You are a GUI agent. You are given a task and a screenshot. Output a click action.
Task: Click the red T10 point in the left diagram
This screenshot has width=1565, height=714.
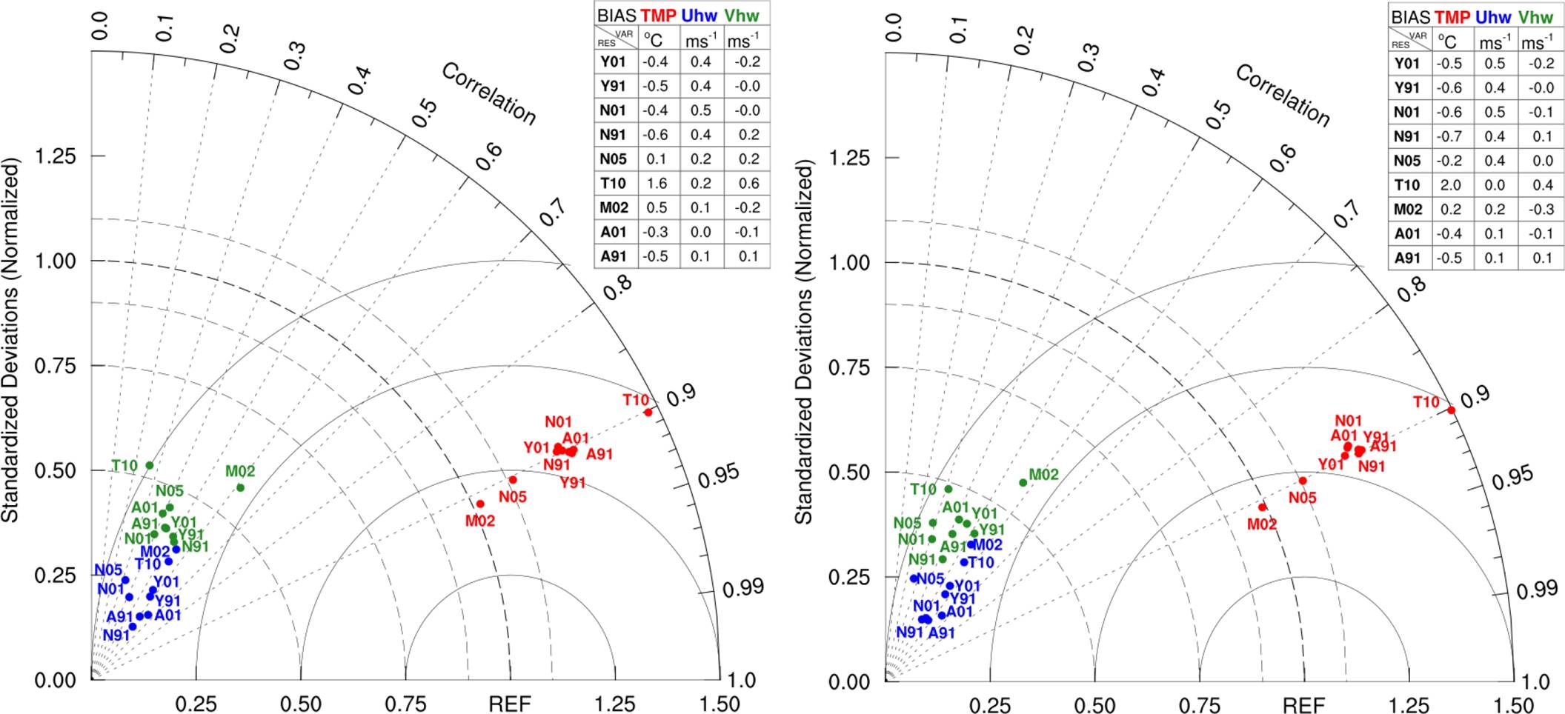pyautogui.click(x=648, y=412)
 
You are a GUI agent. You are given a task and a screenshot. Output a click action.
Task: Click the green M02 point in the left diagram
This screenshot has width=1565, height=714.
pyautogui.click(x=240, y=487)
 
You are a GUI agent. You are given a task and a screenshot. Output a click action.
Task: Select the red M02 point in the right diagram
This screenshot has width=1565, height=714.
pyautogui.click(x=1262, y=507)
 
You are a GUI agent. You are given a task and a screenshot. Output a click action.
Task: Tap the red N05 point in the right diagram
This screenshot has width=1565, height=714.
pyautogui.click(x=1303, y=481)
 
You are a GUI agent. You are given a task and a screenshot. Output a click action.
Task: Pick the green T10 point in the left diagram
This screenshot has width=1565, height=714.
pyautogui.click(x=150, y=465)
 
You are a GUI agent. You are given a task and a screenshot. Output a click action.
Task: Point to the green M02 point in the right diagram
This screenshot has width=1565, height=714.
pyautogui.click(x=1023, y=483)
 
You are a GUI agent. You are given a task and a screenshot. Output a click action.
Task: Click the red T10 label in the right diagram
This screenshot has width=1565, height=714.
pyautogui.click(x=1426, y=402)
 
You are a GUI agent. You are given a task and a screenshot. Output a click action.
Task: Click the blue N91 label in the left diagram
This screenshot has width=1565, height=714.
pyautogui.click(x=116, y=635)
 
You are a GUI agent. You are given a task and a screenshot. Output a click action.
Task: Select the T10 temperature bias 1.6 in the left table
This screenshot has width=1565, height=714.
pyautogui.click(x=656, y=183)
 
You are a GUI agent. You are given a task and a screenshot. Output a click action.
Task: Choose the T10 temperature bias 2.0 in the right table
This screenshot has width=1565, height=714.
pyautogui.click(x=1449, y=185)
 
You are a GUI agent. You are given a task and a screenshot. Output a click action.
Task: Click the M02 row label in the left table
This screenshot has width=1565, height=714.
pyautogui.click(x=614, y=207)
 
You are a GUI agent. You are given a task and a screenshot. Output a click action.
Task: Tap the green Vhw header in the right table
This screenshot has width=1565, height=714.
pyautogui.click(x=1532, y=17)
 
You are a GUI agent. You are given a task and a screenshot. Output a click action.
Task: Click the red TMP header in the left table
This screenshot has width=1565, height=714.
pyautogui.click(x=658, y=16)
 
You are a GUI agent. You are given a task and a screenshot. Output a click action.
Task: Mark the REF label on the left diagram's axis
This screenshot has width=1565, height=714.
pyautogui.click(x=510, y=704)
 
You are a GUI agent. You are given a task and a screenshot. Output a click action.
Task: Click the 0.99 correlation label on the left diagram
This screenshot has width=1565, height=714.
pyautogui.click(x=743, y=588)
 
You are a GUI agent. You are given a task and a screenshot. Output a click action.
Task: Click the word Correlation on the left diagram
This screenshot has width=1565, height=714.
pyautogui.click(x=488, y=94)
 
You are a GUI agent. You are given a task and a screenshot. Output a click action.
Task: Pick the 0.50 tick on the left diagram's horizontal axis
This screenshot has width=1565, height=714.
pyautogui.click(x=300, y=704)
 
